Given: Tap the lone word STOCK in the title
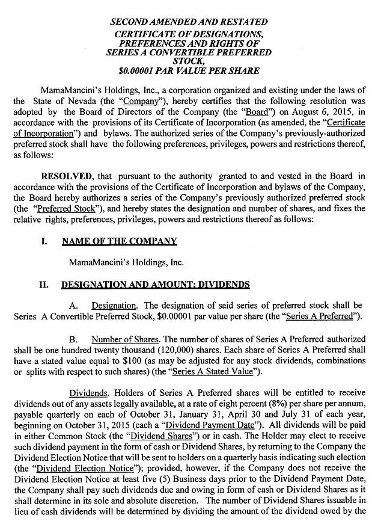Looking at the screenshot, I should [188, 61].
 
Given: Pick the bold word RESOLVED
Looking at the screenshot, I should [66, 176].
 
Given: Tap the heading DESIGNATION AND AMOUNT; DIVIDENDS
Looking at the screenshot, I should [147, 284].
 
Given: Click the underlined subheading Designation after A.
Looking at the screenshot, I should [114, 305].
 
